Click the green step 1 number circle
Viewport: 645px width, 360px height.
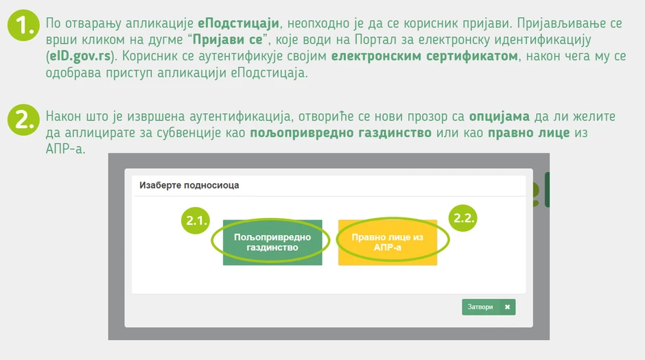point(23,25)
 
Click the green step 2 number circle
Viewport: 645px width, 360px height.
point(23,119)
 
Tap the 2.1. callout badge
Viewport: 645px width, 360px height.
point(196,220)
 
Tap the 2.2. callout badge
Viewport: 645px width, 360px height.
point(462,218)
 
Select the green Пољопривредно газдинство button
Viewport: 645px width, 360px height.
point(272,243)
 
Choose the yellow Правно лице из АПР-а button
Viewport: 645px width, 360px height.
point(388,243)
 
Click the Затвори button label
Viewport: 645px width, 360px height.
point(480,307)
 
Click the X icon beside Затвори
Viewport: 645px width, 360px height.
point(507,307)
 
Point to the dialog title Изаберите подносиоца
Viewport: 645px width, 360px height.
point(189,185)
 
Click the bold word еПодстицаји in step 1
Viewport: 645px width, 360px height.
point(239,23)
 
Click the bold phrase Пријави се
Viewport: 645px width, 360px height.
point(228,40)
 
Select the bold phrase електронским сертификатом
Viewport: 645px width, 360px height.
point(425,56)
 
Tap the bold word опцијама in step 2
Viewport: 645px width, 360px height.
point(500,117)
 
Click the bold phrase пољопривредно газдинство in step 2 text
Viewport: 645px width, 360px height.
point(340,133)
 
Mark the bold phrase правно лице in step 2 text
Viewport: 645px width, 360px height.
point(529,133)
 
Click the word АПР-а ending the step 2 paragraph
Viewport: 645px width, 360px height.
point(65,149)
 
